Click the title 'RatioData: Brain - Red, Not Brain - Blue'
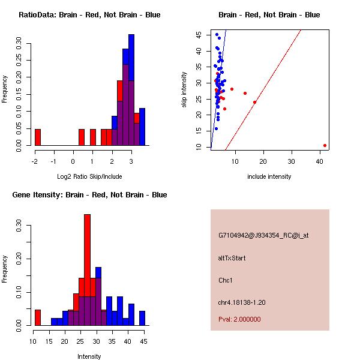(x=89, y=15)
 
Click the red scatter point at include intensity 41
(x=325, y=145)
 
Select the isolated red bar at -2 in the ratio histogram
(x=38, y=137)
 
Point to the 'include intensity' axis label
(x=269, y=176)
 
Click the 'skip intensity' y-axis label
(x=184, y=90)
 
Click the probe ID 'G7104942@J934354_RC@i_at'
(x=263, y=236)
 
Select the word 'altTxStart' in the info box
(x=232, y=259)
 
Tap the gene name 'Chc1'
(x=226, y=280)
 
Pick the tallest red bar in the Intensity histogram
(x=87, y=269)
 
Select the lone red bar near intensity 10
(x=38, y=317)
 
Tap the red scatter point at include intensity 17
(x=254, y=102)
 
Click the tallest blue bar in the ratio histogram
(x=131, y=90)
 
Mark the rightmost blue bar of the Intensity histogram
(x=142, y=318)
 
